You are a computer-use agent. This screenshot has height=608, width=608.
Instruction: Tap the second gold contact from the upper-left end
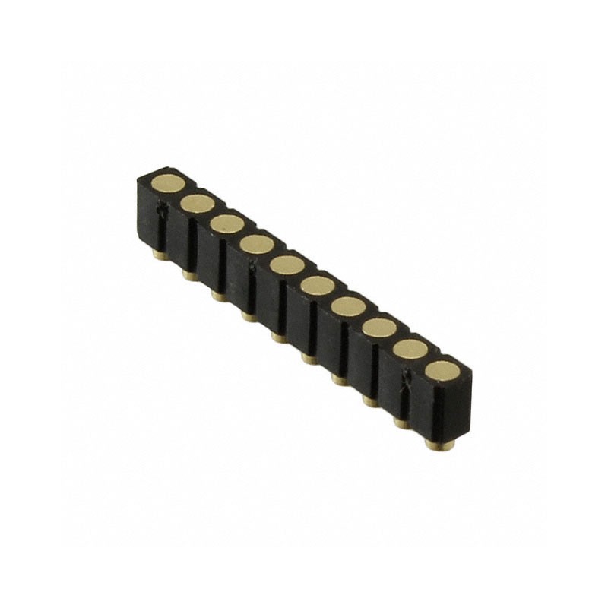click(198, 203)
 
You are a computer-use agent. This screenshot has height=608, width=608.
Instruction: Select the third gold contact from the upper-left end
click(227, 223)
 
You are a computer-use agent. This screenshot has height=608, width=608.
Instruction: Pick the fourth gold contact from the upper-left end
click(257, 244)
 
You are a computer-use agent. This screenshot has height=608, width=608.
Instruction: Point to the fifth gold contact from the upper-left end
click(287, 264)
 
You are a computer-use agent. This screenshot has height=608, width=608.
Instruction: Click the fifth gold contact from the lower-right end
click(318, 286)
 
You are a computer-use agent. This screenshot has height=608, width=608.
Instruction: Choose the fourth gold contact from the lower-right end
click(349, 306)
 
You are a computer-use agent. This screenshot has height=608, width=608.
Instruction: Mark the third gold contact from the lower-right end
click(379, 328)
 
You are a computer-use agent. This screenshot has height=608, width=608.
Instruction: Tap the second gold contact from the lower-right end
click(410, 349)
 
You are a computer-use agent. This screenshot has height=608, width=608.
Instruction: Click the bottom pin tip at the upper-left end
click(159, 256)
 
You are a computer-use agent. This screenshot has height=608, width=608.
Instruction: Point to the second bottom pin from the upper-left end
click(188, 275)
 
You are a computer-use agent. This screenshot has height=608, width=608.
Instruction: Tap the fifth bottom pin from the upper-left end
click(280, 337)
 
